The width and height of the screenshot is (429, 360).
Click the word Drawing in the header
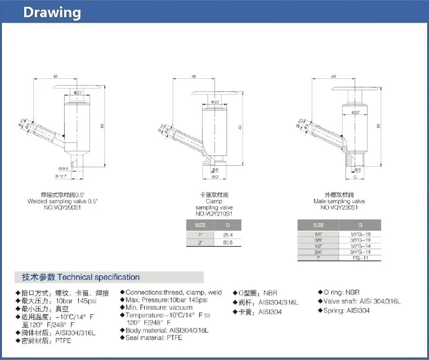(52, 13)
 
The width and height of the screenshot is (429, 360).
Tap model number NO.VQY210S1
(209, 213)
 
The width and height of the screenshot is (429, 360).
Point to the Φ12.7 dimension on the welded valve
(62, 176)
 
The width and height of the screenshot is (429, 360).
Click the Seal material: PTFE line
(153, 338)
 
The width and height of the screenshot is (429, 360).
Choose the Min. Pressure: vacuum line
(158, 307)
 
